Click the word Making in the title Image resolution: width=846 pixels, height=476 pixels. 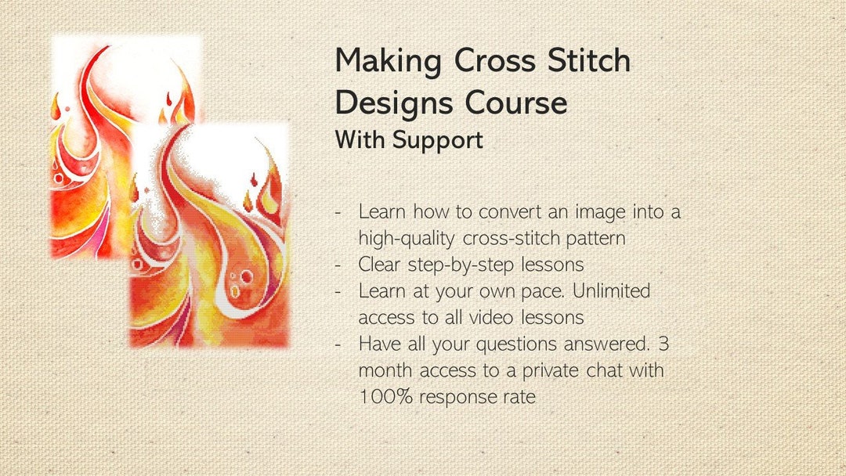[x=388, y=61]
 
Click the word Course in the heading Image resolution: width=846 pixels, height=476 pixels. [x=516, y=103]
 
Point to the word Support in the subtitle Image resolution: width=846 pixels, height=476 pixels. [x=438, y=141]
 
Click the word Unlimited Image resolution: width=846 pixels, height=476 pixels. [x=611, y=290]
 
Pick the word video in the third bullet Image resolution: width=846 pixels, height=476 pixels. [x=490, y=317]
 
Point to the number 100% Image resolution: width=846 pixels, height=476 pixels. [x=385, y=397]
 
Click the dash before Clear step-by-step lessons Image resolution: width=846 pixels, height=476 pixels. [x=338, y=265]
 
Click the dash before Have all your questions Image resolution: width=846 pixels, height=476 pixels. [x=338, y=345]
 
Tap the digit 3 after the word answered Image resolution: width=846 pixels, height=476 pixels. [x=663, y=344]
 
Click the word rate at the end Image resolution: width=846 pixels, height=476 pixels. [x=519, y=397]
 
